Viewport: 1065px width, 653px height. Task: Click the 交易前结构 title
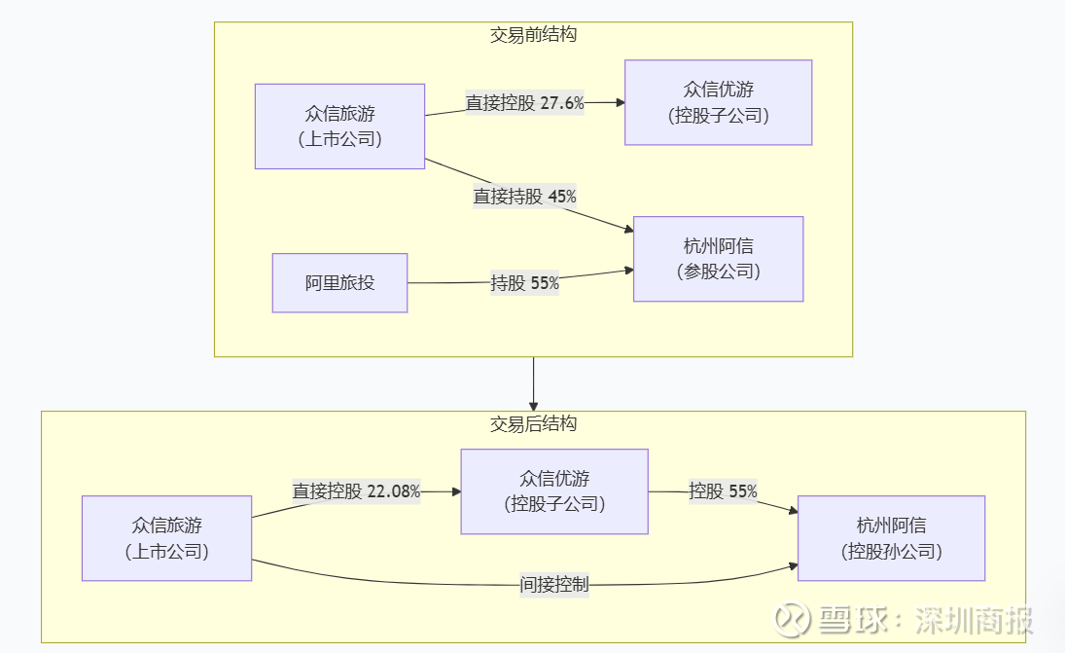[x=533, y=35]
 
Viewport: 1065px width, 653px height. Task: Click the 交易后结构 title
[x=533, y=424]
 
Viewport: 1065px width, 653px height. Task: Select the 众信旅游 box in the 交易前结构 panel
[x=339, y=127]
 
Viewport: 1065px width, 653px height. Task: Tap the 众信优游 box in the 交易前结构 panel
[x=718, y=102]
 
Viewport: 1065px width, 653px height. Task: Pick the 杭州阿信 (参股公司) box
[x=718, y=259]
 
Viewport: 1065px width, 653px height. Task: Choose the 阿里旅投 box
[x=339, y=283]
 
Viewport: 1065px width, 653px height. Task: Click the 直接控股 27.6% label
[x=524, y=102]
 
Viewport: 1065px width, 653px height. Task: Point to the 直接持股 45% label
[x=524, y=197]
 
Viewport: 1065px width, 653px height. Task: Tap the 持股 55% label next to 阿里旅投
[x=524, y=283]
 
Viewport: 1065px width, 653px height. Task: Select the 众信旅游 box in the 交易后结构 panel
[x=166, y=538]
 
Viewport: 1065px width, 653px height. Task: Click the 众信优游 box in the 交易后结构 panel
[x=554, y=491]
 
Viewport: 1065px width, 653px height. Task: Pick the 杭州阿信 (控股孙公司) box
[x=891, y=538]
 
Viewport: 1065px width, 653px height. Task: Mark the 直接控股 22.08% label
[x=356, y=491]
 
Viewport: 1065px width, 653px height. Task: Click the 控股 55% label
[x=723, y=491]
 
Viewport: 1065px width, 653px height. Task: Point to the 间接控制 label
[x=553, y=585]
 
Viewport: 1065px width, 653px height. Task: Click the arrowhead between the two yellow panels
[x=533, y=405]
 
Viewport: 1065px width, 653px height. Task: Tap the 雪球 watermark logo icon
[x=793, y=620]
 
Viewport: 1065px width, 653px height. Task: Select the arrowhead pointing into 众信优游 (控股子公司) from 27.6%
[x=619, y=102]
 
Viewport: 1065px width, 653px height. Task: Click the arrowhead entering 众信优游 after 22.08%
[x=455, y=491]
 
